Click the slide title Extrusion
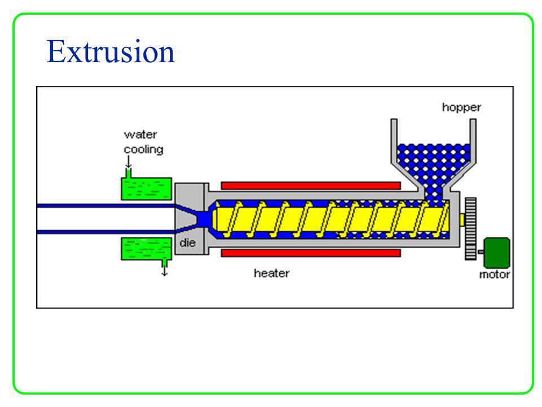coord(111,52)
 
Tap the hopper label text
coord(461,107)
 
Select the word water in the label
coord(140,135)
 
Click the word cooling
coord(143,149)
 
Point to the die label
coord(187,243)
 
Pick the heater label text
coord(272,273)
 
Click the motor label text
coord(494,275)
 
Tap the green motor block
coord(497,252)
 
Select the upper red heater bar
coord(311,185)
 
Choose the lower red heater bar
coord(311,253)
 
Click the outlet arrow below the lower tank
coord(164,271)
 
